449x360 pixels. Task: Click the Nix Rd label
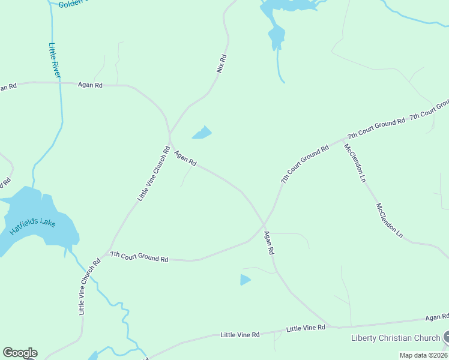pos(221,64)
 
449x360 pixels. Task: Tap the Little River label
pos(55,60)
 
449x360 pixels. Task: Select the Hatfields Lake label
pos(32,222)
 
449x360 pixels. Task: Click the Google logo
pos(20,353)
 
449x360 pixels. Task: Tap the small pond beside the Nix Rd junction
pos(202,133)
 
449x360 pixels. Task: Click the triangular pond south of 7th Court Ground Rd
pos(245,280)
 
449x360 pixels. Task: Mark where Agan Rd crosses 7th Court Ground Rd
pos(264,226)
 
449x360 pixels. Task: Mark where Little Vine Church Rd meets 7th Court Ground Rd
pos(104,255)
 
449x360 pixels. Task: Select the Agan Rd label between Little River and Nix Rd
pos(90,85)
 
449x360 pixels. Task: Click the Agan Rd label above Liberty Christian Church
pos(436,317)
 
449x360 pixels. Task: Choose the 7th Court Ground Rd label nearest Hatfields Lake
pos(139,257)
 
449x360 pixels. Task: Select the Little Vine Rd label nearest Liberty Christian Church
pos(306,328)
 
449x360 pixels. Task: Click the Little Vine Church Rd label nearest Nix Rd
pos(152,173)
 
